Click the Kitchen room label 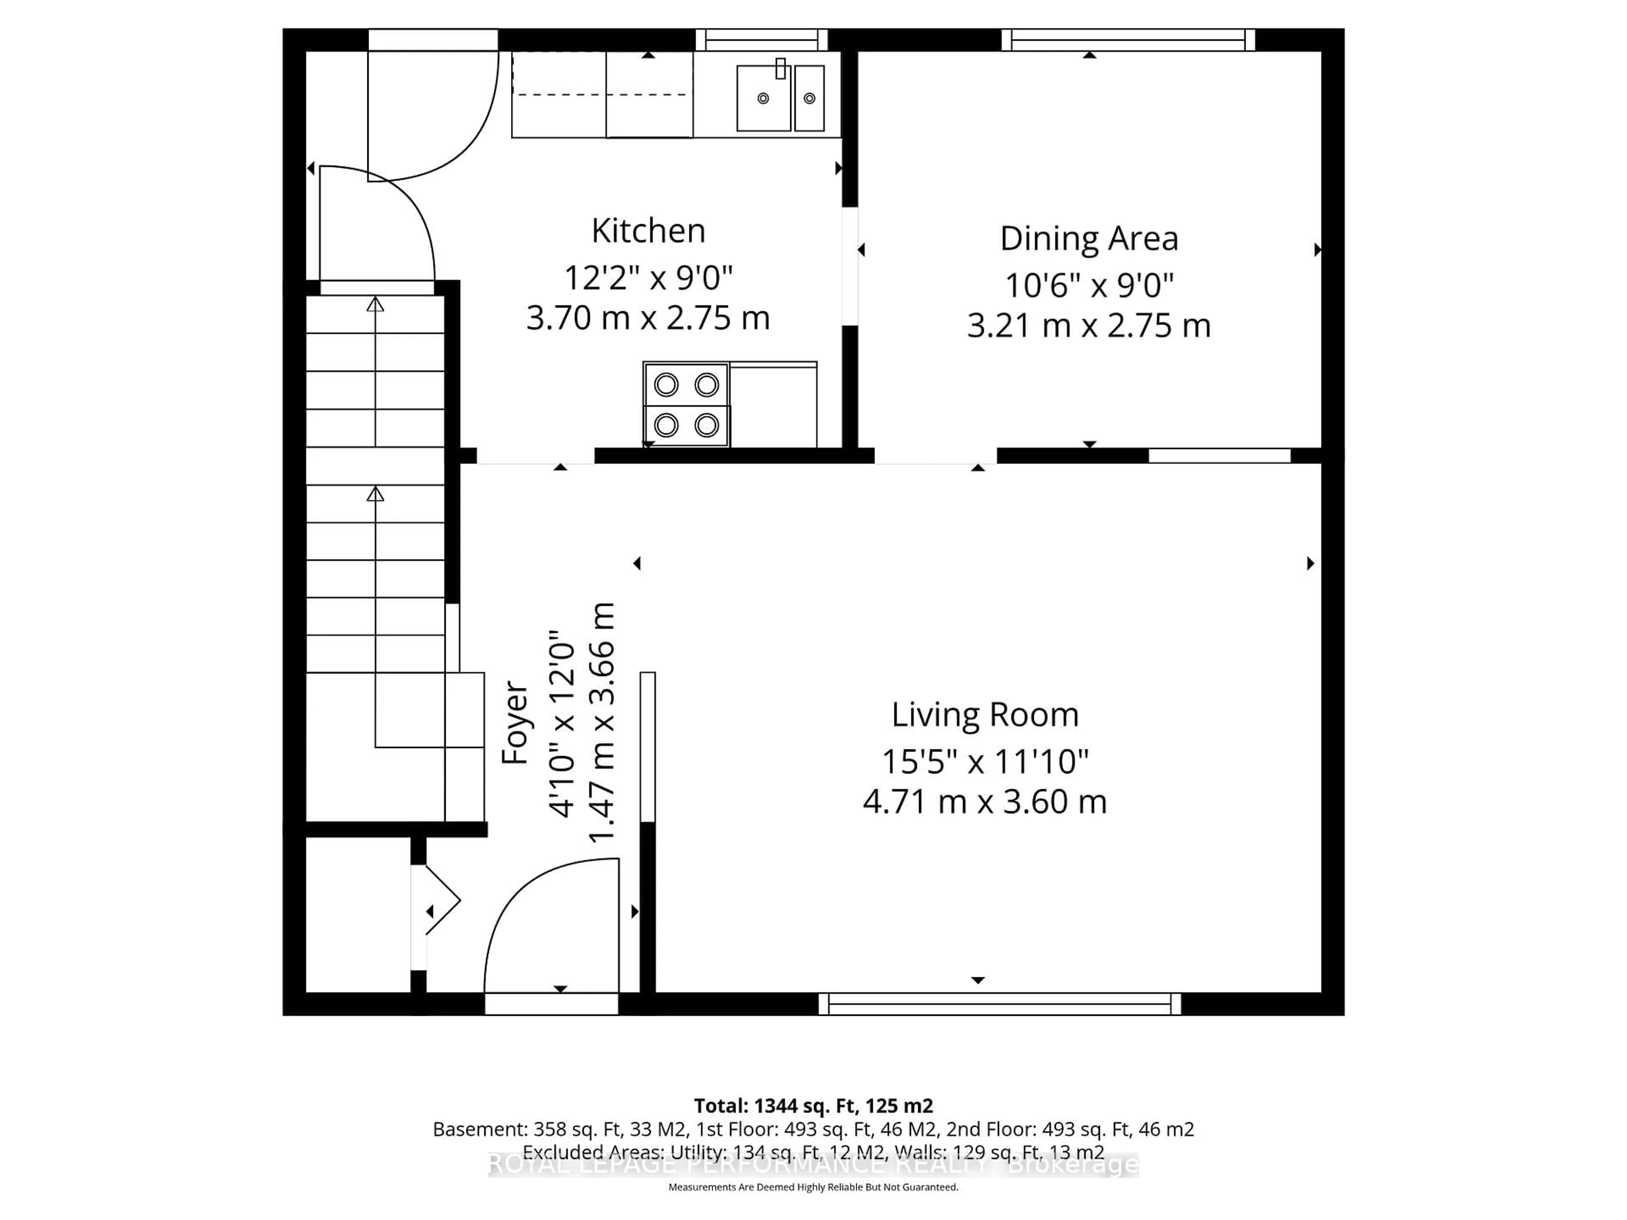[648, 231]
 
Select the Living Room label [984, 715]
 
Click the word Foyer [515, 723]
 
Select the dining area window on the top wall [1127, 40]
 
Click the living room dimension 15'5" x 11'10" [984, 762]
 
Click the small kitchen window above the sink [761, 40]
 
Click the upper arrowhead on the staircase [375, 304]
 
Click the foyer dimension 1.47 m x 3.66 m [601, 723]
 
